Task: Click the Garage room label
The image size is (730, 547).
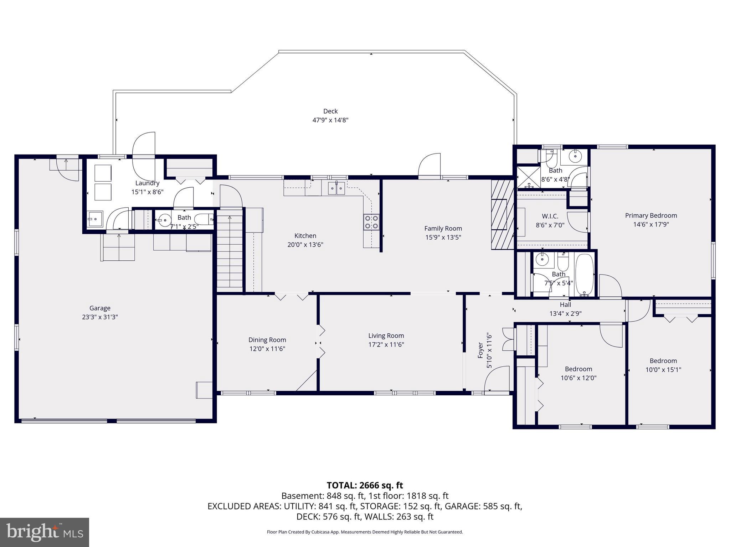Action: click(100, 308)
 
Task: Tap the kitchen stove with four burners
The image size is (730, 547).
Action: click(372, 222)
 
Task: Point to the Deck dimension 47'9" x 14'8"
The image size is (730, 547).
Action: click(330, 120)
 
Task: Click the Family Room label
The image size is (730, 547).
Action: click(443, 228)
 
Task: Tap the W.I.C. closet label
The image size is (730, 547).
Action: click(550, 216)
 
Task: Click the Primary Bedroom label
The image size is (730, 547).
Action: click(651, 215)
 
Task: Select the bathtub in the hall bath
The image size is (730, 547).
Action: click(584, 275)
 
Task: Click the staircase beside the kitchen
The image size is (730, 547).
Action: click(230, 253)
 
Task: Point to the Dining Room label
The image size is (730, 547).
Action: click(267, 340)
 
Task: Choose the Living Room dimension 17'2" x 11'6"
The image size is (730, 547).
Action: click(386, 345)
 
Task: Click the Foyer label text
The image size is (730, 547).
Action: click(480, 350)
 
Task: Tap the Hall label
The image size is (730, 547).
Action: click(565, 304)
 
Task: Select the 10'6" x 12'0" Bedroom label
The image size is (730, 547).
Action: click(578, 369)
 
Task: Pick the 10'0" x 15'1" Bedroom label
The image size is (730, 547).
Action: click(663, 361)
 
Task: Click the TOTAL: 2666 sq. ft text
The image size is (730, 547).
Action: click(365, 485)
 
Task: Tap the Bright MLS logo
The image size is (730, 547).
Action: click(44, 532)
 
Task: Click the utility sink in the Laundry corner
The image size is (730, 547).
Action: click(95, 219)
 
